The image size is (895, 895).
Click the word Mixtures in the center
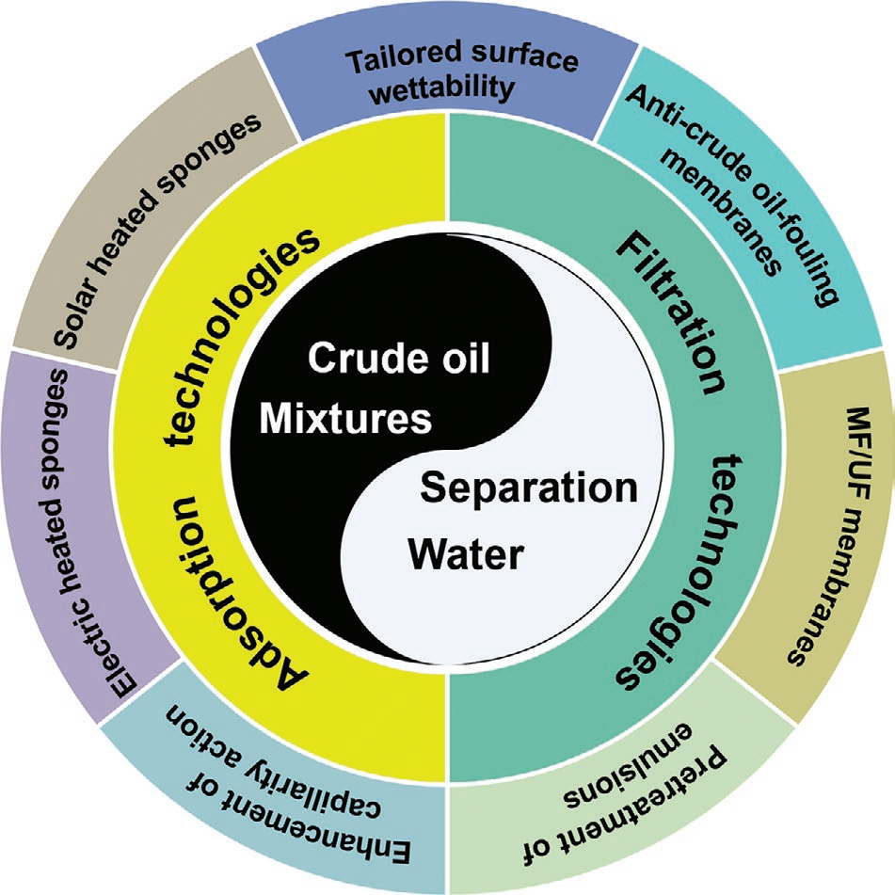pyautogui.click(x=344, y=419)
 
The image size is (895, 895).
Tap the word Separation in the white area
pyautogui.click(x=528, y=488)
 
